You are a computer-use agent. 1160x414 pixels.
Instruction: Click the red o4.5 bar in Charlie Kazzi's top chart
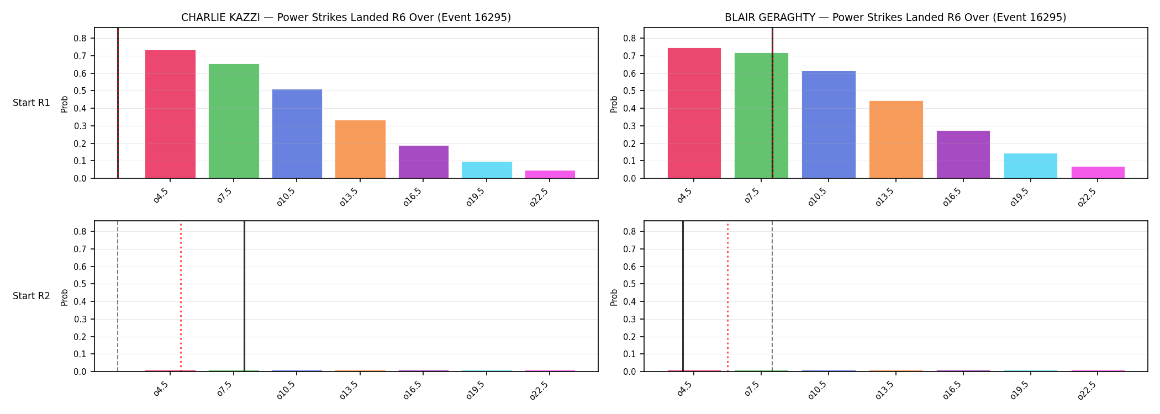pyautogui.click(x=170, y=114)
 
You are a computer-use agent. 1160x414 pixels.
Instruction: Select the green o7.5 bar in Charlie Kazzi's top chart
pyautogui.click(x=234, y=121)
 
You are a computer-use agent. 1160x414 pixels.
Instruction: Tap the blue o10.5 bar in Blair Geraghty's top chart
pyautogui.click(x=829, y=125)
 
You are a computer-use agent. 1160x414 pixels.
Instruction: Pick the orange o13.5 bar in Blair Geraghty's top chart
pyautogui.click(x=896, y=140)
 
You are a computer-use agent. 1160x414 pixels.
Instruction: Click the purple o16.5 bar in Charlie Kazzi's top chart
pyautogui.click(x=424, y=162)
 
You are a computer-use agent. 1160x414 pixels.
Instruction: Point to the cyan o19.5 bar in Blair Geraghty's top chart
pyautogui.click(x=1031, y=166)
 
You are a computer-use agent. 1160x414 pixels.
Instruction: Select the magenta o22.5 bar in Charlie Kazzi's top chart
pyautogui.click(x=550, y=174)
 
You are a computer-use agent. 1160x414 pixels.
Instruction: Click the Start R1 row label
pyautogui.click(x=31, y=103)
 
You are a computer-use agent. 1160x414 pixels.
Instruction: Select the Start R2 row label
pyautogui.click(x=31, y=296)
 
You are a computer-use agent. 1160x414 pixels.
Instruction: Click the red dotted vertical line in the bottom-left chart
pyautogui.click(x=181, y=296)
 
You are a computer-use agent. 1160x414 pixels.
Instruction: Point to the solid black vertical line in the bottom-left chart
pyautogui.click(x=244, y=296)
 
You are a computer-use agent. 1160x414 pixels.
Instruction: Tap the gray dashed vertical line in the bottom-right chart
pyautogui.click(x=772, y=296)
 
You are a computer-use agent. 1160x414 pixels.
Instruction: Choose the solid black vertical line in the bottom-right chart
pyautogui.click(x=683, y=296)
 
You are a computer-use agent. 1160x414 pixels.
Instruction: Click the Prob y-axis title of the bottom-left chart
pyautogui.click(x=65, y=297)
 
